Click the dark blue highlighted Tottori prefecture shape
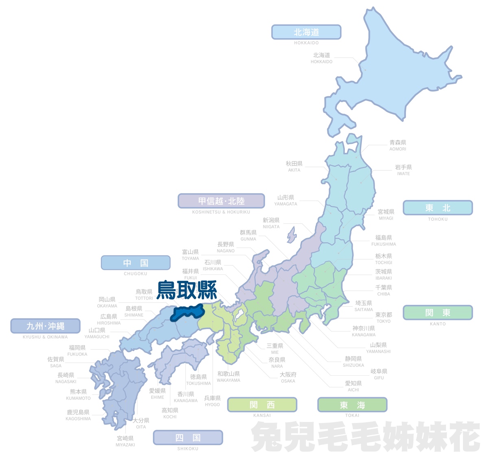187,313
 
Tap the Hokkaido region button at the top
306,32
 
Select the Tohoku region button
438,208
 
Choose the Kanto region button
438,313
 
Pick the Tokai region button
352,405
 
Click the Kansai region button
262,405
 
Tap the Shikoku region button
188,437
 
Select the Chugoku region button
135,263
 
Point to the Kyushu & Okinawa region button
46,326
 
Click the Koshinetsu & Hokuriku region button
221,201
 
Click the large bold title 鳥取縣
187,290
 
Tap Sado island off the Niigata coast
291,235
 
